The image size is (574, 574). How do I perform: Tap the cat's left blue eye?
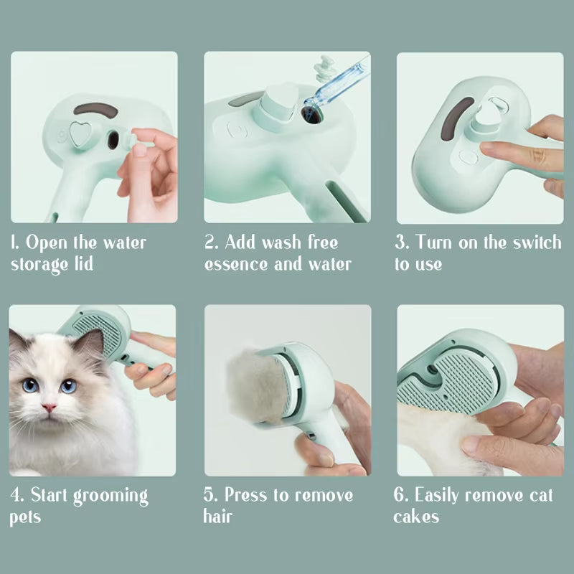click(31, 385)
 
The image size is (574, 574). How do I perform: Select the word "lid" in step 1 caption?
click(83, 264)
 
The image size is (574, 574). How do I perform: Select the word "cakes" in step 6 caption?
click(416, 517)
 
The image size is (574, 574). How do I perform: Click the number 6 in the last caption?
click(399, 495)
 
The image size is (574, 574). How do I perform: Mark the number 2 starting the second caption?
click(210, 242)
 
